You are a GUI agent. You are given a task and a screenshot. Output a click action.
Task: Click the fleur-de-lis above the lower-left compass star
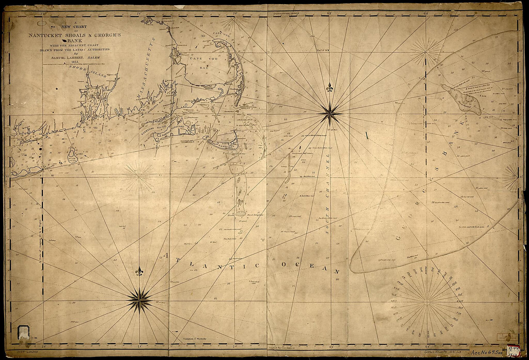coord(140,271)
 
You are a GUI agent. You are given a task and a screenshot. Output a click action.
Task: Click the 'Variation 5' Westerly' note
coord(194,339)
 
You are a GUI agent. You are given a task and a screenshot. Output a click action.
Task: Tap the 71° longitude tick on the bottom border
coord(140,346)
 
